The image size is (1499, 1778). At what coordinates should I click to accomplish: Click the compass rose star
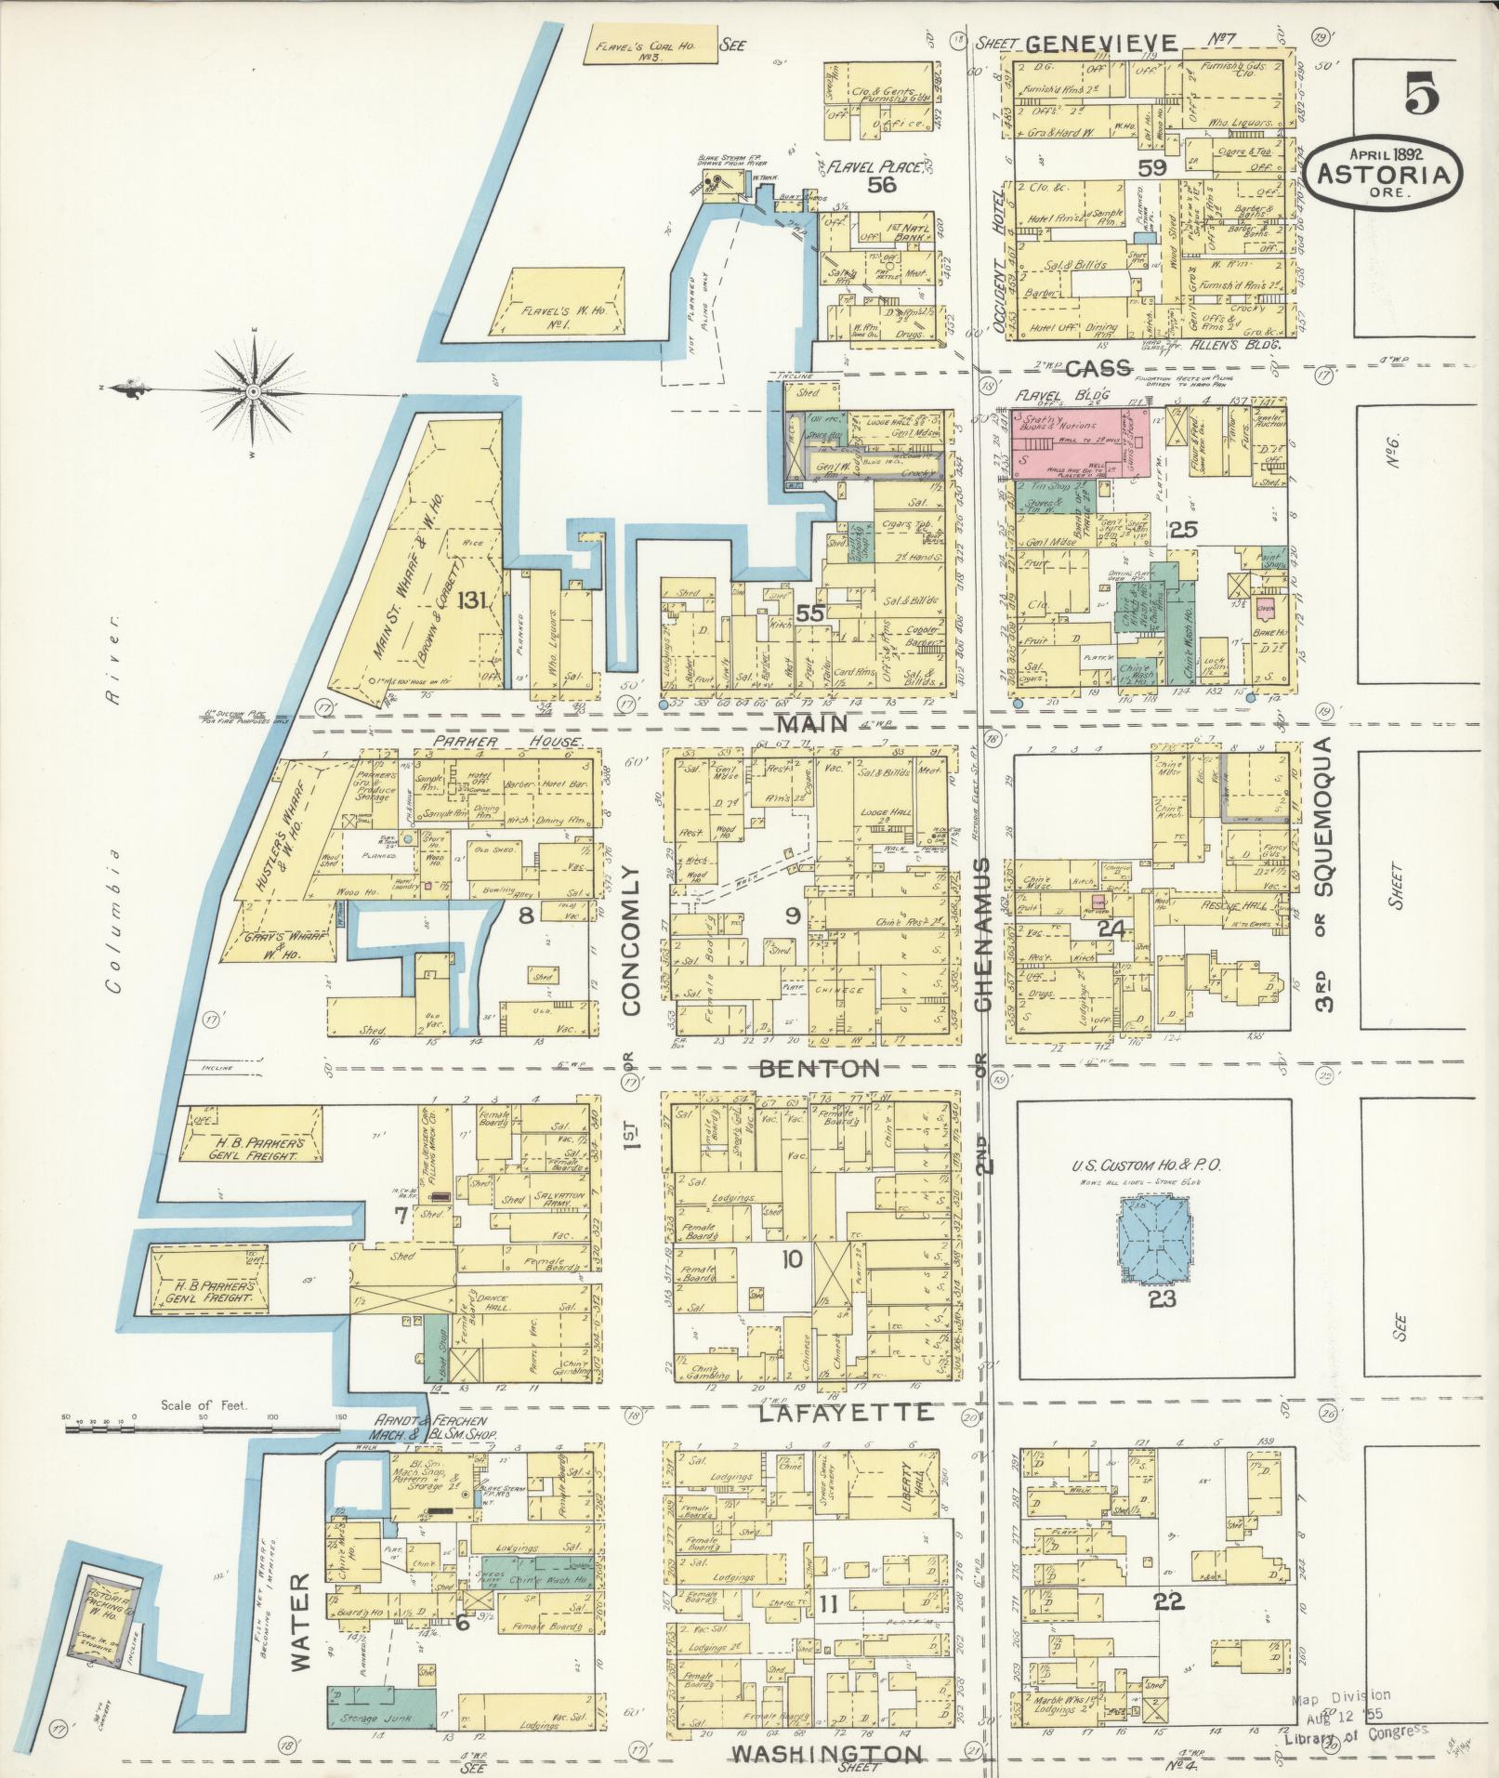pyautogui.click(x=252, y=392)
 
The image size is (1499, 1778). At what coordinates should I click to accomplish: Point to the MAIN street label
pyautogui.click(x=812, y=724)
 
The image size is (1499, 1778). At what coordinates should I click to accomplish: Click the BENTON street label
pyautogui.click(x=819, y=1069)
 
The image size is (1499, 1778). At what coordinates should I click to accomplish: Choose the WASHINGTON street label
pyautogui.click(x=826, y=1754)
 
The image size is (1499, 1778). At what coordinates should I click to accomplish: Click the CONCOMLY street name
pyautogui.click(x=632, y=942)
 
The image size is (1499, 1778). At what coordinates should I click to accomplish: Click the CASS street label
pyautogui.click(x=1098, y=368)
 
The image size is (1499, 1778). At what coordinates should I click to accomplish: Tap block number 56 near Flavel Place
pyautogui.click(x=880, y=186)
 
